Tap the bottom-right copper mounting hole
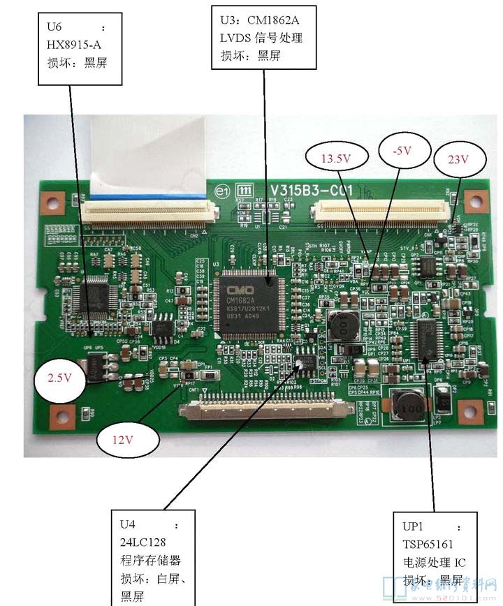(469, 411)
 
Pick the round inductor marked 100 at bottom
(406, 406)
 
